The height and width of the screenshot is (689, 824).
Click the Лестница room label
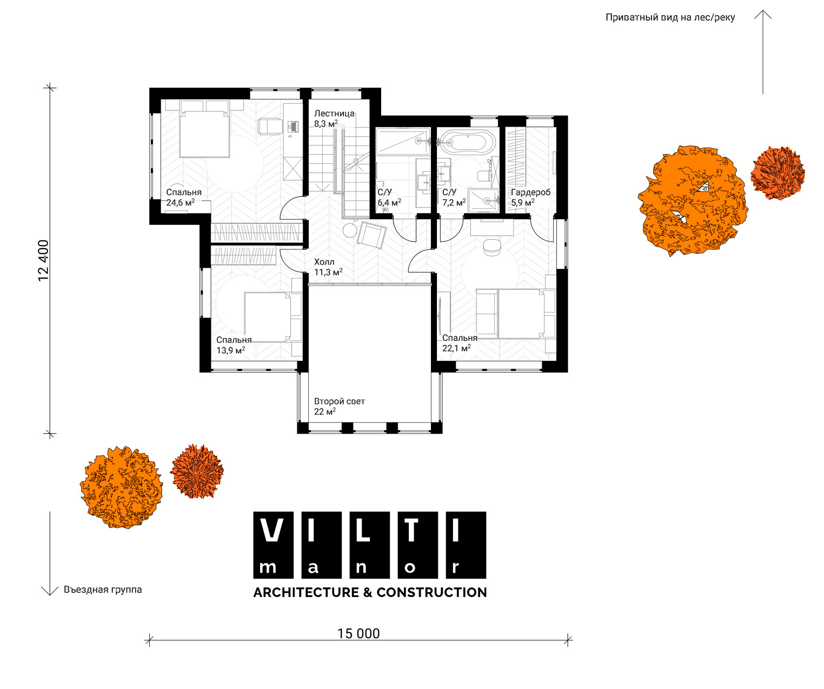[334, 114]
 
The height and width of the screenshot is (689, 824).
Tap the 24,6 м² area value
[181, 203]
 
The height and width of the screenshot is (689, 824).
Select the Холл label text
[324, 262]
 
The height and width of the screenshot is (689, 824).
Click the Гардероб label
[530, 193]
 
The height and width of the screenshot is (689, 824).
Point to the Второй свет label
[340, 401]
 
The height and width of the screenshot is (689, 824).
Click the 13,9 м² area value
[230, 350]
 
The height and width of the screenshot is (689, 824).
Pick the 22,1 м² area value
[456, 348]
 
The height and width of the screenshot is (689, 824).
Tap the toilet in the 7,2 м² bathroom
[483, 176]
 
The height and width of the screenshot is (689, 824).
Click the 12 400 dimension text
[43, 261]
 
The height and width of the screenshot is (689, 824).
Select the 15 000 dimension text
[358, 634]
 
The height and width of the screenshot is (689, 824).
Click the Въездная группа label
[103, 589]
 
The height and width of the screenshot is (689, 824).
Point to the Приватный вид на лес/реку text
[670, 17]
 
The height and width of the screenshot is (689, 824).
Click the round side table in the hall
[350, 230]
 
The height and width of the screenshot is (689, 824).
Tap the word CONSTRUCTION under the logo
[431, 592]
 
